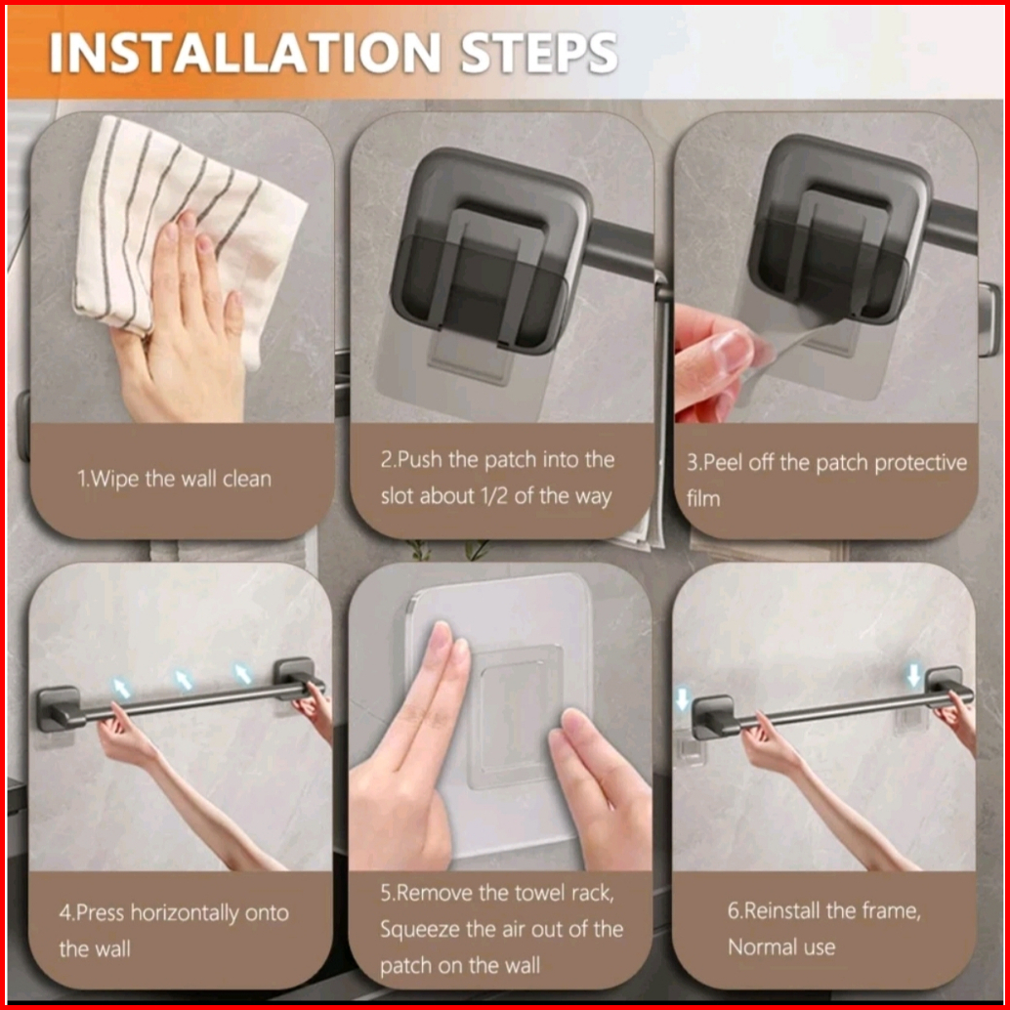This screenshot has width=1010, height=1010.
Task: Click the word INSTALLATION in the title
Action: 245,53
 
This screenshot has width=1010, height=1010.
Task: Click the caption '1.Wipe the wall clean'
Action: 175,479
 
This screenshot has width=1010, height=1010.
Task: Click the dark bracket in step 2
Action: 490,251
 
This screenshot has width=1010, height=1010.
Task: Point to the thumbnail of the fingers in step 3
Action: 733,352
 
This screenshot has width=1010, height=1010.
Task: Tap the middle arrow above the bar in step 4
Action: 184,680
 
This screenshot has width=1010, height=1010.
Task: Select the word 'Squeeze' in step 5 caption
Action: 419,930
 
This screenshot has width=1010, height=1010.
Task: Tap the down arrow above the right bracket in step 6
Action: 913,676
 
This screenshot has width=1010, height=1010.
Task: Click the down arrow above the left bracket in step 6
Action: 683,698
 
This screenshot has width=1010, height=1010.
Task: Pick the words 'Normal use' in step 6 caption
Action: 781,947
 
